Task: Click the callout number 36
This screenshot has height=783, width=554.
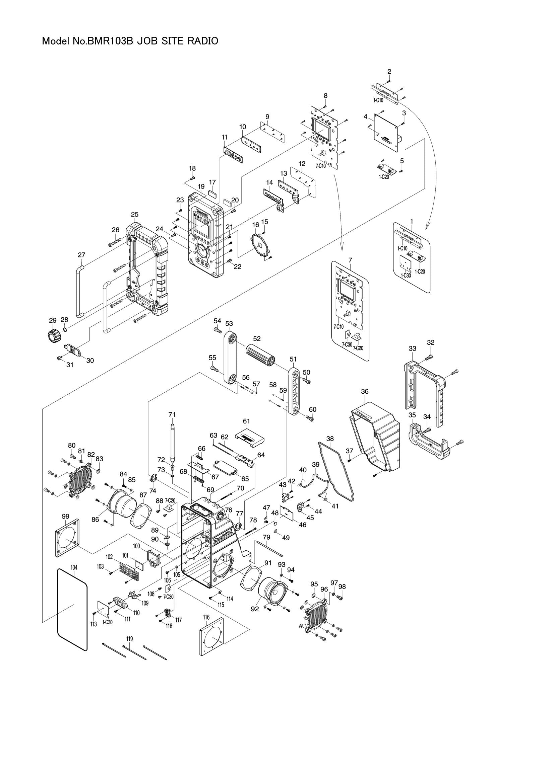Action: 365,392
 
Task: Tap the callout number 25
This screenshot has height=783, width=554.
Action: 134,214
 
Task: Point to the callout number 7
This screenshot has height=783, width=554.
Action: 350,260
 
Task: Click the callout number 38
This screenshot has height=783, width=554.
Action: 330,439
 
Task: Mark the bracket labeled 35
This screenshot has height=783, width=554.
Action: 428,442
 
